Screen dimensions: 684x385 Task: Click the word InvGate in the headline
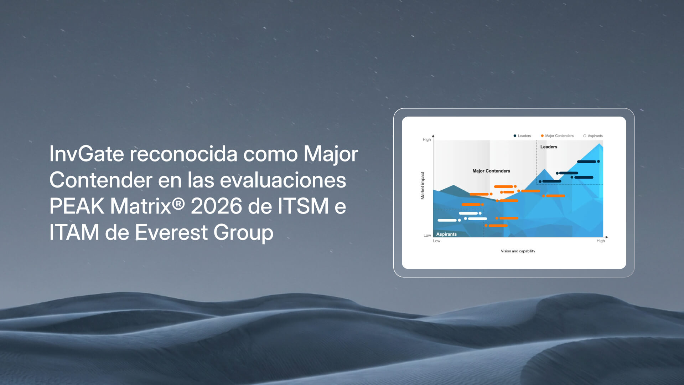point(87,154)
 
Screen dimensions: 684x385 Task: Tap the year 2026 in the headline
point(216,206)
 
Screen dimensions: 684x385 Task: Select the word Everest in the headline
point(171,232)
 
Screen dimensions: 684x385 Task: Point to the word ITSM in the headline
point(303,206)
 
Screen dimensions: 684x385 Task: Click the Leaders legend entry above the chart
point(522,136)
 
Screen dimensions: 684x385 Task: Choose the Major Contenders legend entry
point(557,136)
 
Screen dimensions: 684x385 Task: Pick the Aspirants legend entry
point(593,136)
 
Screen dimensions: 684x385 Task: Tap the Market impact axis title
point(423,186)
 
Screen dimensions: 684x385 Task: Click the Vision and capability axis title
point(518,251)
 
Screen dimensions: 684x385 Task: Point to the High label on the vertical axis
point(427,140)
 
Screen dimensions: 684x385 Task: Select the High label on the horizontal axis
point(601,241)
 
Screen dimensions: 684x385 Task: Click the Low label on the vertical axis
point(427,235)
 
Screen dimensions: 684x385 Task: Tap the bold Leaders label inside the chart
point(549,147)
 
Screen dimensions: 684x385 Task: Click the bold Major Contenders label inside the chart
point(491,171)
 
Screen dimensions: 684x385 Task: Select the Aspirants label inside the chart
point(446,234)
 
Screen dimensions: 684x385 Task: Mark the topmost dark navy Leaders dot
point(598,161)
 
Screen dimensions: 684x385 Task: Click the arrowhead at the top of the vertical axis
point(433,136)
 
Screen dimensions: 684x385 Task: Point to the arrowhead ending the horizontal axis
point(607,237)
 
